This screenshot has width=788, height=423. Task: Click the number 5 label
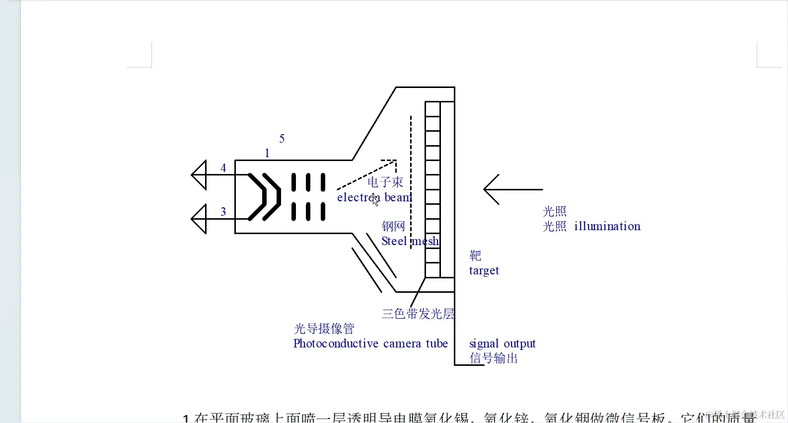[x=282, y=139]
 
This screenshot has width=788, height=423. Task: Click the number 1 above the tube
[x=267, y=153]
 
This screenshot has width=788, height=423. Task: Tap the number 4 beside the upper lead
[x=223, y=168]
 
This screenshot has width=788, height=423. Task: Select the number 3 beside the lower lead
[x=223, y=212]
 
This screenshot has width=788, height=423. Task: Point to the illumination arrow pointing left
[x=511, y=189]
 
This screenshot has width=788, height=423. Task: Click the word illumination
[x=607, y=226]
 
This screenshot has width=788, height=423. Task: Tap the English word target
[x=484, y=271]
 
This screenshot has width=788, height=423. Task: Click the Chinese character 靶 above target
[x=475, y=255]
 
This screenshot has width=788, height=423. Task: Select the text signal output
[x=502, y=343]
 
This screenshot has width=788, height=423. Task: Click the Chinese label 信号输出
[x=494, y=358]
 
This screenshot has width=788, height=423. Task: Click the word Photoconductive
[x=336, y=343]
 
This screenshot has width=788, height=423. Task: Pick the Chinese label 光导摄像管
[x=324, y=329]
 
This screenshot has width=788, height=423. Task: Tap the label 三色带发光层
[x=418, y=314]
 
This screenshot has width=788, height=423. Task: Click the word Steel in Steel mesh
[x=394, y=241]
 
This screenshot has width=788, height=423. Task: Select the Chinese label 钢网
[x=393, y=226]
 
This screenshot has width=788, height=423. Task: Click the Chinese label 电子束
[x=385, y=182]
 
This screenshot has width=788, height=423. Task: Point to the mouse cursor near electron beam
[x=375, y=200]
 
